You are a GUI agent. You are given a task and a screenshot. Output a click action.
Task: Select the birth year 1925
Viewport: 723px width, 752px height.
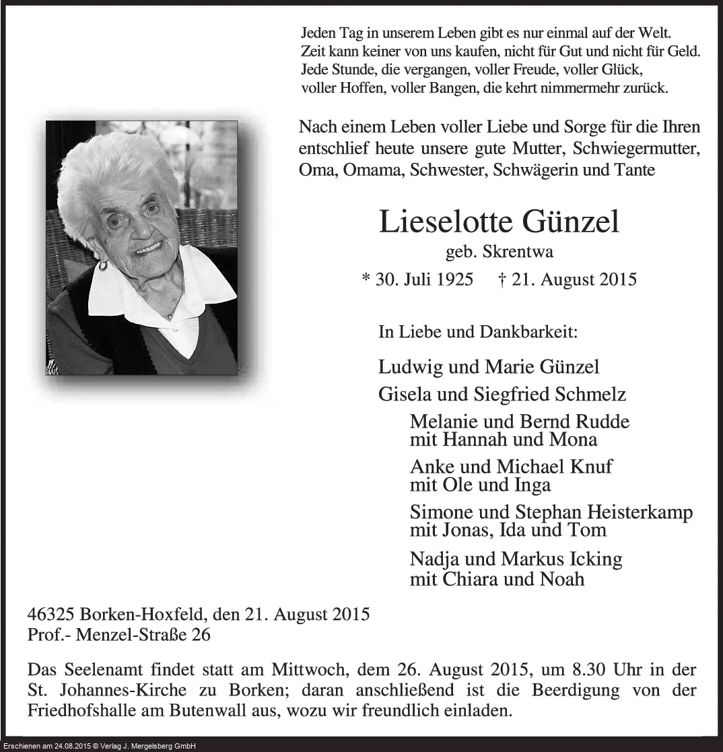(452, 279)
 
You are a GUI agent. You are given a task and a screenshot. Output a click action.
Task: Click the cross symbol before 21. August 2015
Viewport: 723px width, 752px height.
(502, 279)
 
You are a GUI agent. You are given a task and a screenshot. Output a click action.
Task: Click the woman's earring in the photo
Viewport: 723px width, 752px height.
(103, 265)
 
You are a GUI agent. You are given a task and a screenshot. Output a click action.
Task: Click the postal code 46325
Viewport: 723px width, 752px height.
(51, 615)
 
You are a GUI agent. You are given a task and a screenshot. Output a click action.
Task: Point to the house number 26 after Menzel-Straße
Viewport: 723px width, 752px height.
(201, 634)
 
